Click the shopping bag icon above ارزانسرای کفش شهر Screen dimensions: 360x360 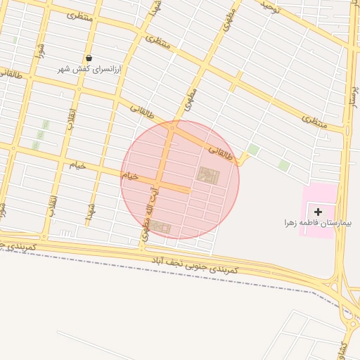(x=89, y=58)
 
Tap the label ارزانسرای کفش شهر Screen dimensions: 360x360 (x=89, y=70)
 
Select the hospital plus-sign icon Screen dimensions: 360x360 (x=318, y=211)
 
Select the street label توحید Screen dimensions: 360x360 (x=270, y=8)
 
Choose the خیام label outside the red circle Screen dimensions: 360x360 (x=77, y=165)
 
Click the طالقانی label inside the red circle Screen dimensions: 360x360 (x=219, y=152)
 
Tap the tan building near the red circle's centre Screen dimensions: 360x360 (x=207, y=175)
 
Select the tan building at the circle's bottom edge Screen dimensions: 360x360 (x=161, y=228)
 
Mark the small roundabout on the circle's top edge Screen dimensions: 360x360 (x=172, y=127)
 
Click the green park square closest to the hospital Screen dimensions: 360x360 (x=283, y=165)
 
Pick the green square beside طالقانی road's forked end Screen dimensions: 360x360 (x=252, y=150)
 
